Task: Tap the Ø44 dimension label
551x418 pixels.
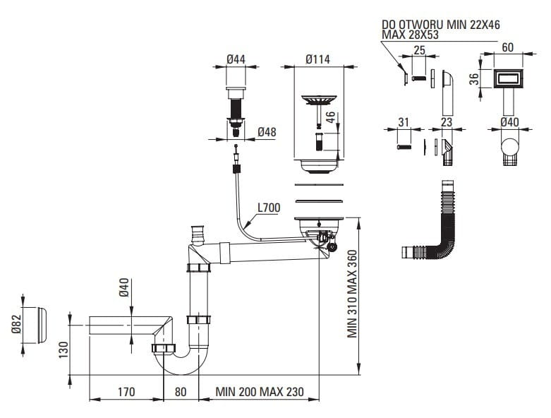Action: [236, 60]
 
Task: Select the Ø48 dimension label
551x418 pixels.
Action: [266, 132]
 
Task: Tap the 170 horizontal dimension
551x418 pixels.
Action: [127, 391]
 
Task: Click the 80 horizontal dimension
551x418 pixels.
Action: [181, 391]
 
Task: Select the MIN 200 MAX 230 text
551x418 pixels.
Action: [260, 391]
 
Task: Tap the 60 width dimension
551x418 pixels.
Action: [507, 48]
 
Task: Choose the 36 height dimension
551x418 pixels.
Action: [476, 79]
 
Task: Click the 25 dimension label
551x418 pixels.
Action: [419, 50]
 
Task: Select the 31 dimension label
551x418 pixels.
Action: [404, 122]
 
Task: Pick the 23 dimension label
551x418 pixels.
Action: [447, 122]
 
